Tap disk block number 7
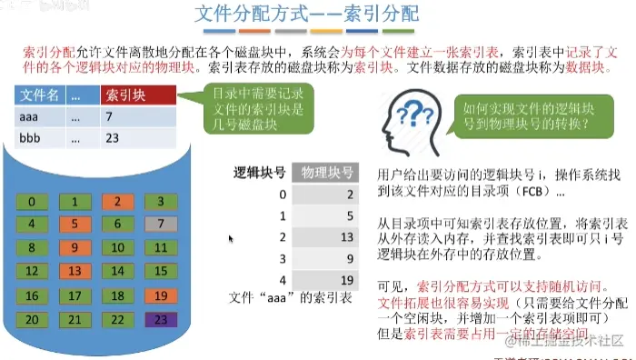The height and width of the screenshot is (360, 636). click(159, 223)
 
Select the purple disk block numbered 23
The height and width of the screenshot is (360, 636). click(159, 319)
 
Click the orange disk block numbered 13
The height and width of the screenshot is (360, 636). click(75, 271)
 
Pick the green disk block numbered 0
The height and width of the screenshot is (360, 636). click(34, 202)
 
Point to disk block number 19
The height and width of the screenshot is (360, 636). click(159, 295)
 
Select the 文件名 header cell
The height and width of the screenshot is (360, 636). click(39, 95)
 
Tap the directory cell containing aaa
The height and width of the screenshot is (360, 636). click(39, 116)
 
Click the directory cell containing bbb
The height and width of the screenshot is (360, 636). click(39, 138)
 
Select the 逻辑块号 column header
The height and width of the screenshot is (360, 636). click(261, 172)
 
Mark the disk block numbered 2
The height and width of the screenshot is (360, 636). click(117, 202)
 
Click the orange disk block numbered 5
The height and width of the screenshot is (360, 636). click(75, 223)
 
